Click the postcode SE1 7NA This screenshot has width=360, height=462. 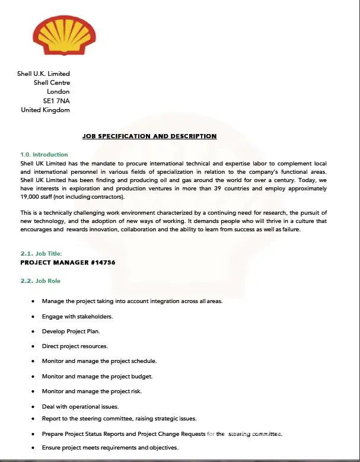click(56, 101)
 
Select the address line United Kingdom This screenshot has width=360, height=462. click(45, 110)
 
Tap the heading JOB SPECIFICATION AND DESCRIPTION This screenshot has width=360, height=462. click(149, 136)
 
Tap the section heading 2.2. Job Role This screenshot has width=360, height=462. click(40, 281)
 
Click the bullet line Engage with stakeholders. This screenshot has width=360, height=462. click(77, 316)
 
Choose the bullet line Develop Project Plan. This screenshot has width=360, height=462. click(71, 332)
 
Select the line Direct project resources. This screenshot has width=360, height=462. click(75, 346)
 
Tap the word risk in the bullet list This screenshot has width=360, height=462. click(135, 391)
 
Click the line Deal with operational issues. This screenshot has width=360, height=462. click(80, 406)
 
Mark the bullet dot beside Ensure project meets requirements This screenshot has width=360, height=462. click(33, 448)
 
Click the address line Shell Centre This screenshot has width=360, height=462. click(52, 83)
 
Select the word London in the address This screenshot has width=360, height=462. click(58, 92)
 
